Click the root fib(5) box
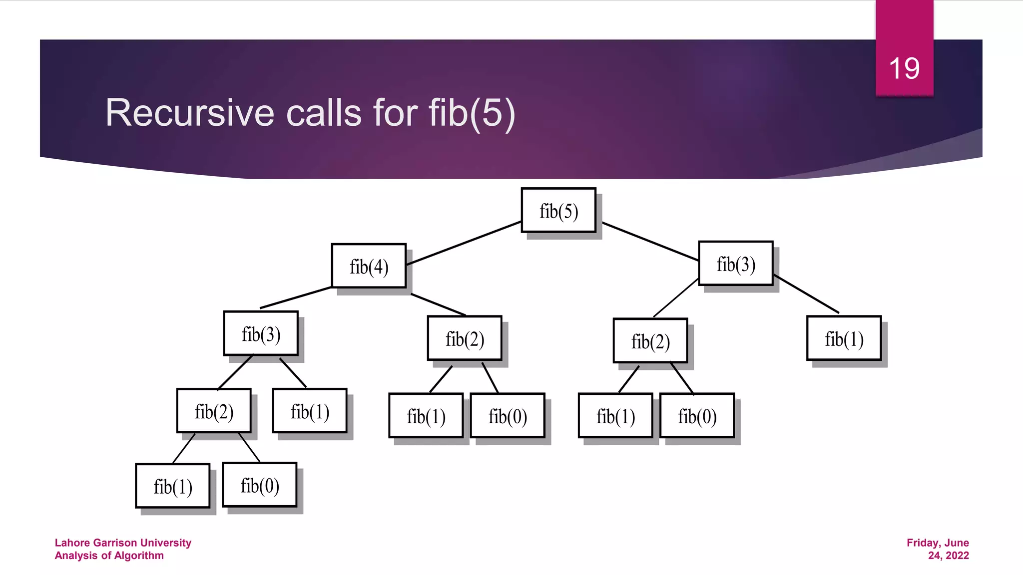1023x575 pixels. (x=558, y=211)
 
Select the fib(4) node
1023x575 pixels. (x=369, y=266)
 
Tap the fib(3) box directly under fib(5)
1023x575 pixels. (x=736, y=264)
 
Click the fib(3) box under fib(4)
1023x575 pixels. (x=261, y=333)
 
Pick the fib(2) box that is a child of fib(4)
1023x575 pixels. (x=465, y=338)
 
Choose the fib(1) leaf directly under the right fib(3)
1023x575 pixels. (x=844, y=338)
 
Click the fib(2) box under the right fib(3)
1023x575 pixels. (x=650, y=341)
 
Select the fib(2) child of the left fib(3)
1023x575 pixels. (x=214, y=411)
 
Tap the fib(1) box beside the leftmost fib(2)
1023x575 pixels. (x=310, y=411)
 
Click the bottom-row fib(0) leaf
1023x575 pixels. (x=260, y=485)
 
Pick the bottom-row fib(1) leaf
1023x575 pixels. (x=173, y=486)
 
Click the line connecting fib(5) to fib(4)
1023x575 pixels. (x=465, y=243)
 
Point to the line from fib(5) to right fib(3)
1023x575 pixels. (x=649, y=242)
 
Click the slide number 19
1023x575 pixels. (x=904, y=68)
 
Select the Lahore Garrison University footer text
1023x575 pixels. (x=123, y=543)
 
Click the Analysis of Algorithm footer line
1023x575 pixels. (x=109, y=556)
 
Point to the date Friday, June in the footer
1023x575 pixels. (x=938, y=543)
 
